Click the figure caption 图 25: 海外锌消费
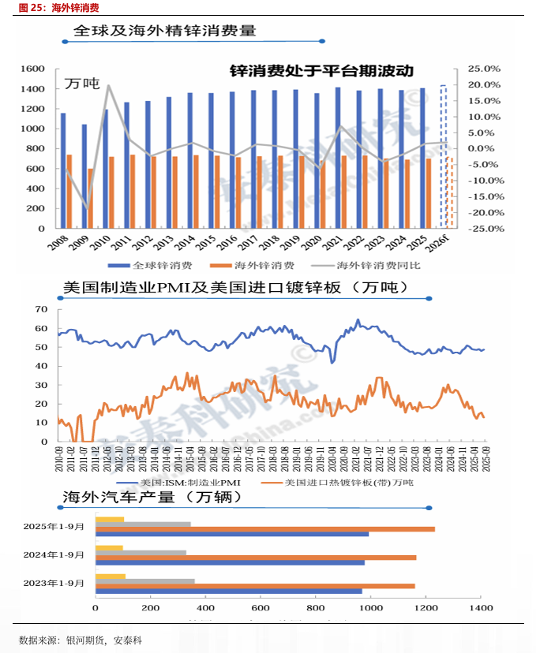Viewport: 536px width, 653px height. pos(54,8)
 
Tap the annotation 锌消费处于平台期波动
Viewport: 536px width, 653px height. pos(321,71)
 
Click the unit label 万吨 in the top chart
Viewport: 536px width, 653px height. pos(81,83)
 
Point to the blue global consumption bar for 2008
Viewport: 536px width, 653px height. pos(63,170)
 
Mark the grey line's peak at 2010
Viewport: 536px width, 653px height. pos(108,85)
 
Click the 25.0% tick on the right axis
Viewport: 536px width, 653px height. pos(484,69)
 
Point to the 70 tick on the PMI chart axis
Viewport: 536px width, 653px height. pos(41,309)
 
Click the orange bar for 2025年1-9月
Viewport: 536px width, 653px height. pos(264,528)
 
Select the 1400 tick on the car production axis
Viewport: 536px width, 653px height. pos(482,608)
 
